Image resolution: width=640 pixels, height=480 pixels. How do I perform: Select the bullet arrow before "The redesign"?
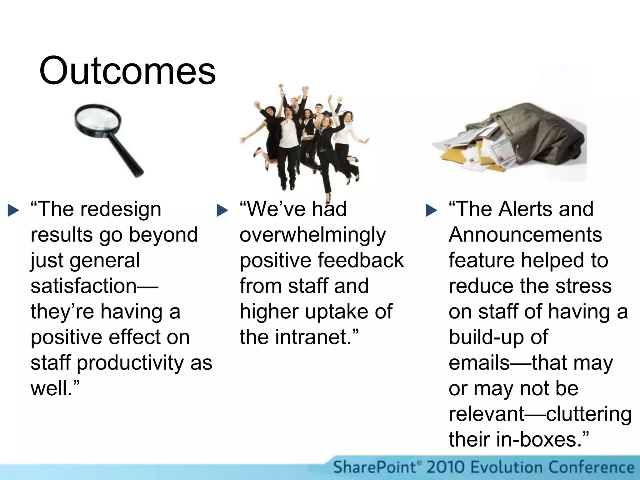[13, 210]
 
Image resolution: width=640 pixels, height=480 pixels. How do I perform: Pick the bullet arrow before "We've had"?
[222, 210]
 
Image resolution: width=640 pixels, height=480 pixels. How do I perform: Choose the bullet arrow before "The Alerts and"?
[431, 210]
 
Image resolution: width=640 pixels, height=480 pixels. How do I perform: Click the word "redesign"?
[121, 209]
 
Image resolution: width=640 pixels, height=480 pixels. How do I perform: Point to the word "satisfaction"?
[84, 286]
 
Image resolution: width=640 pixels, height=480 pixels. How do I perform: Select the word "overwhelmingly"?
[313, 235]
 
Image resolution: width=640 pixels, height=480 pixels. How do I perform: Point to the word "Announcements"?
[525, 235]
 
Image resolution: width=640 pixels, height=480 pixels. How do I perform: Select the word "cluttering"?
[589, 414]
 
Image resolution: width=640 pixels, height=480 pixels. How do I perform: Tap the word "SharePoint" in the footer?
[375, 467]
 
